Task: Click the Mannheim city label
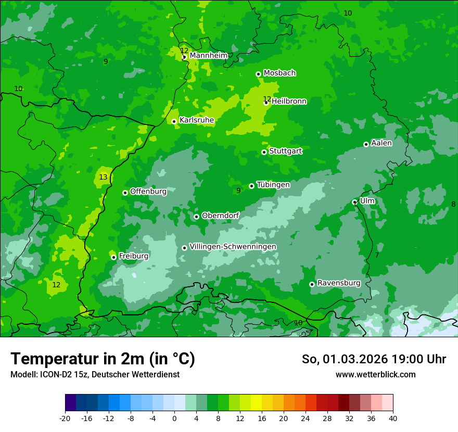point(208,55)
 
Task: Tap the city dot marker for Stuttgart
point(264,152)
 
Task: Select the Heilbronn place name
point(289,101)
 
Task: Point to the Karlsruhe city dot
point(174,121)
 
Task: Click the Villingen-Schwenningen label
point(233,247)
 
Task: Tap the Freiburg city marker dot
point(113,257)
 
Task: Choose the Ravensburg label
point(339,283)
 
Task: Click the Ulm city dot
point(355,202)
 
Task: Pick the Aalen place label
point(381,143)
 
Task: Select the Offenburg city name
point(148,192)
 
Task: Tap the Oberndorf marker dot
point(196,217)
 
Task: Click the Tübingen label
point(273,185)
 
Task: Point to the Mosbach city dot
point(258,74)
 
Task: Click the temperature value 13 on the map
point(103,177)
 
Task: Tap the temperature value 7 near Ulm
point(377,255)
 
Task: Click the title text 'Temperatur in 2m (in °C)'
point(103,359)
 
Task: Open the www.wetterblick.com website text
point(375,374)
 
